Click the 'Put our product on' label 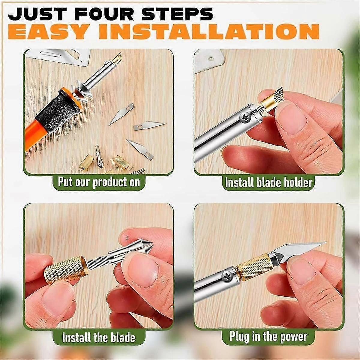tap(99, 182)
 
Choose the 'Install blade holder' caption tap(269, 182)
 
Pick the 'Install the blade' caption tap(99, 337)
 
